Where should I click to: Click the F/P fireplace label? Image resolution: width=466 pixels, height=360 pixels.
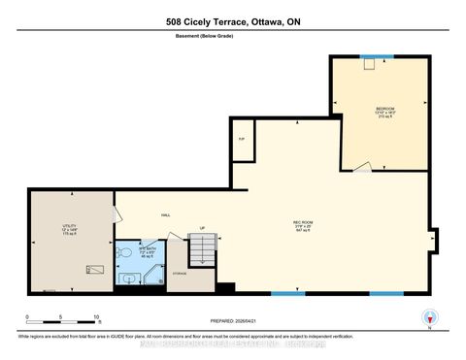(x=242, y=139)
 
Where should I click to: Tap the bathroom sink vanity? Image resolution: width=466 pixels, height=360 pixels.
(x=129, y=279)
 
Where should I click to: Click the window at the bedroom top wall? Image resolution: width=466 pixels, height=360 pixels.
(x=368, y=57)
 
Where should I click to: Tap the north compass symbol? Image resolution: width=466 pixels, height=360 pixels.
(x=425, y=316)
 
